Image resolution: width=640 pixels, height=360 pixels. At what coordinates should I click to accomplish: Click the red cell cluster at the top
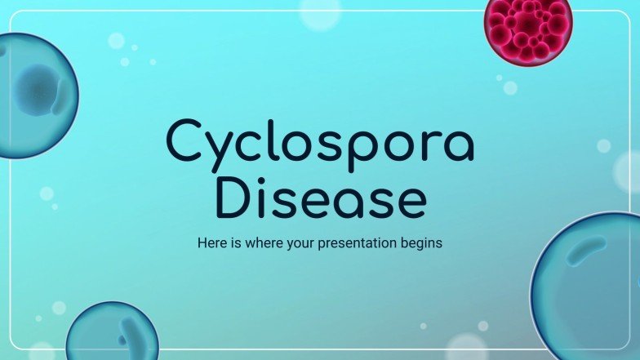[x=528, y=29]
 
